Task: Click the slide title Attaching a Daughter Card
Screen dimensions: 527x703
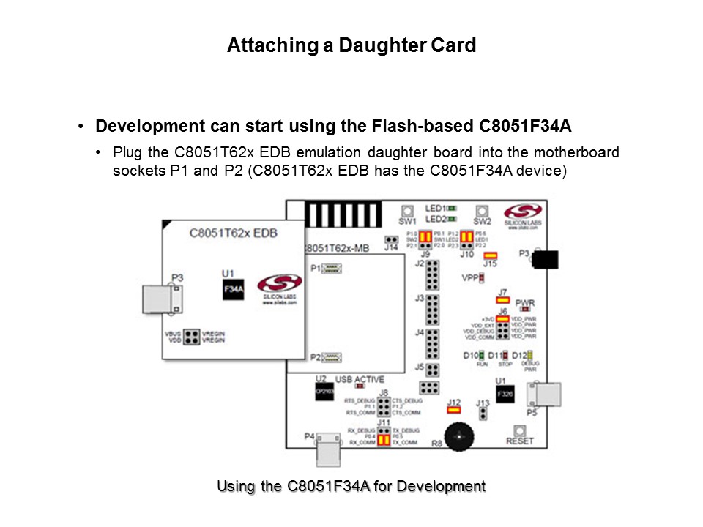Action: tap(351, 45)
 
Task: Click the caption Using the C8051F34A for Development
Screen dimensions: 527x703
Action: tap(351, 486)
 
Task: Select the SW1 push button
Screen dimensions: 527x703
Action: tap(407, 209)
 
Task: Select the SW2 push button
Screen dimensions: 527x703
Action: tap(482, 209)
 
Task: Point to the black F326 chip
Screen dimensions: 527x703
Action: tap(505, 394)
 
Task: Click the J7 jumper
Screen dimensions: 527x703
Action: tap(502, 301)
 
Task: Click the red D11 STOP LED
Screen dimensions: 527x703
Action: tap(504, 356)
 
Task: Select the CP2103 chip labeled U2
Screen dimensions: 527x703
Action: tap(323, 392)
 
